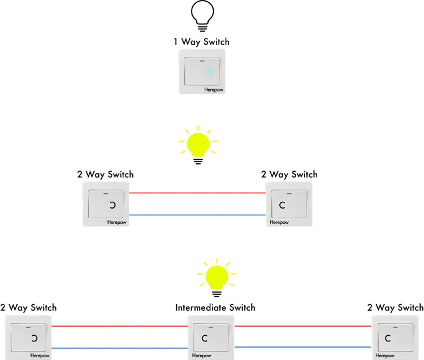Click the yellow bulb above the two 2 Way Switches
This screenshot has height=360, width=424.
pyautogui.click(x=197, y=144)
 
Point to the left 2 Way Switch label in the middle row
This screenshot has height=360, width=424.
pyautogui.click(x=105, y=174)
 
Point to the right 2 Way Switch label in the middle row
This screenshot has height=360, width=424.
pyautogui.click(x=289, y=174)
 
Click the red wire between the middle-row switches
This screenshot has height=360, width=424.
pyautogui.click(x=197, y=193)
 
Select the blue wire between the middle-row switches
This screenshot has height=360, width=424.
pyautogui.click(x=197, y=215)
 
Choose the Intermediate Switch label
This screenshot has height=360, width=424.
pyautogui.click(x=215, y=307)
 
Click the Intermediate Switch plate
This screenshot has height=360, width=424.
pyautogui.click(x=211, y=337)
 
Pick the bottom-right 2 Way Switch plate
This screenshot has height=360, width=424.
pyautogui.click(x=396, y=337)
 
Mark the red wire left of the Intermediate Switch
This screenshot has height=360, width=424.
pyautogui.click(x=119, y=326)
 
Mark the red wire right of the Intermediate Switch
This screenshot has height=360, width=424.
pyautogui.click(x=303, y=326)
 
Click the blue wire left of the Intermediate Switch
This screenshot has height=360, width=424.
pyautogui.click(x=119, y=348)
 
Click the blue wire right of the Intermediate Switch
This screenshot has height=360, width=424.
pyautogui.click(x=303, y=346)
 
